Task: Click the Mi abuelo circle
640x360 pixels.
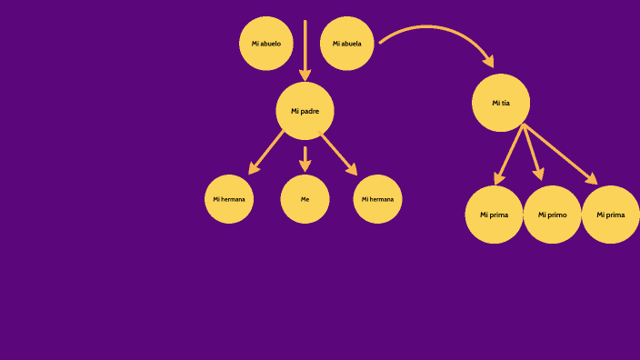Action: (266, 44)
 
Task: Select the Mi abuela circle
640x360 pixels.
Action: (347, 44)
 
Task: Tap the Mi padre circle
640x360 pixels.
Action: (305, 111)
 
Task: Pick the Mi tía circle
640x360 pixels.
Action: (501, 103)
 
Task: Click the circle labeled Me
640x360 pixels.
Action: (305, 199)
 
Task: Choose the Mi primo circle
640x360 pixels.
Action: (552, 215)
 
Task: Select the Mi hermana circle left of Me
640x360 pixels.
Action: (229, 199)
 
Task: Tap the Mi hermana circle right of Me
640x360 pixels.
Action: (377, 199)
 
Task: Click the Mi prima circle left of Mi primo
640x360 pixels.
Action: (494, 215)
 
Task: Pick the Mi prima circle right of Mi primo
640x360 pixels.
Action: (610, 215)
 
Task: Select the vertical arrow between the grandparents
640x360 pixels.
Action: (305, 45)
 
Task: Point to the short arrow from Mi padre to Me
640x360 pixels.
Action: (305, 157)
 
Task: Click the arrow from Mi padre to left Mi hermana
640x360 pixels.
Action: (267, 151)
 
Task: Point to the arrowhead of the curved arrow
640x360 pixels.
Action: (488, 61)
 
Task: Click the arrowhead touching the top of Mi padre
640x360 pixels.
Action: (305, 75)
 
